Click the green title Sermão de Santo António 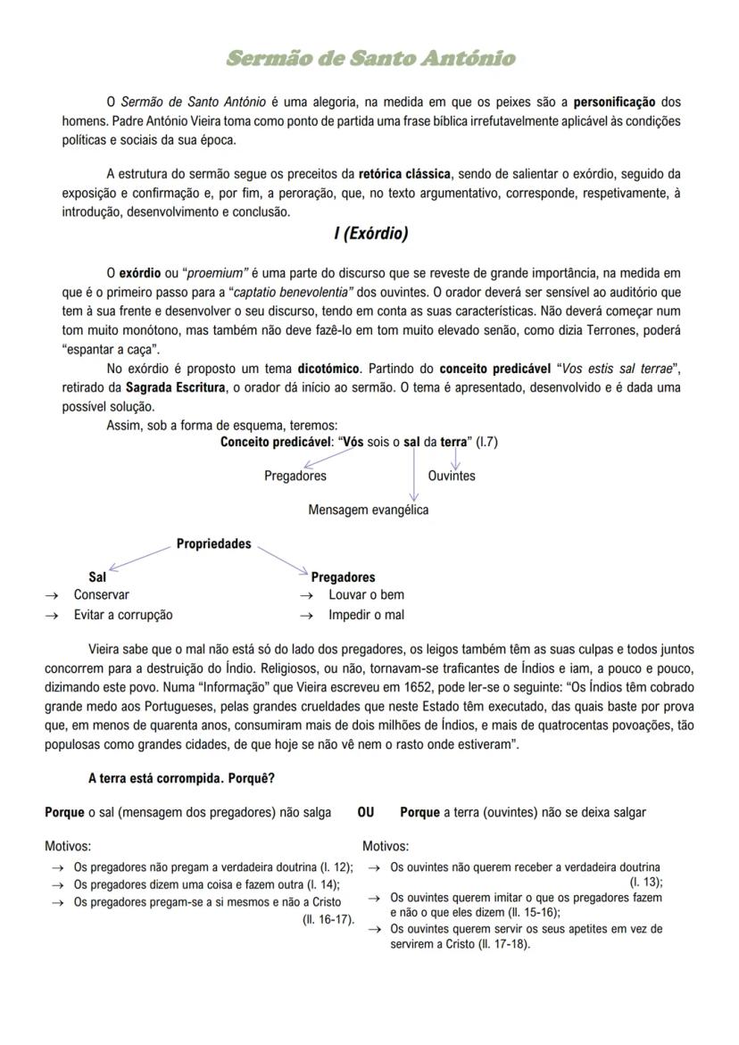(x=370, y=59)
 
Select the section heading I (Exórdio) (x=370, y=234)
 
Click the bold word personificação (x=614, y=102)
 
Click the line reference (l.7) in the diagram (x=486, y=442)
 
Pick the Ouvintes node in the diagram (x=452, y=476)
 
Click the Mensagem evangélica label (x=368, y=510)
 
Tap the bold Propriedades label (x=213, y=543)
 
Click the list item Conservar (x=101, y=594)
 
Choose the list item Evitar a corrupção (x=123, y=615)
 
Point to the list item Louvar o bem (x=366, y=594)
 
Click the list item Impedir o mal (x=366, y=615)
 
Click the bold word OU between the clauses (x=366, y=812)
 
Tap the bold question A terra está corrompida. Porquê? (x=181, y=778)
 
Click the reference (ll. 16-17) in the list (x=328, y=918)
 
